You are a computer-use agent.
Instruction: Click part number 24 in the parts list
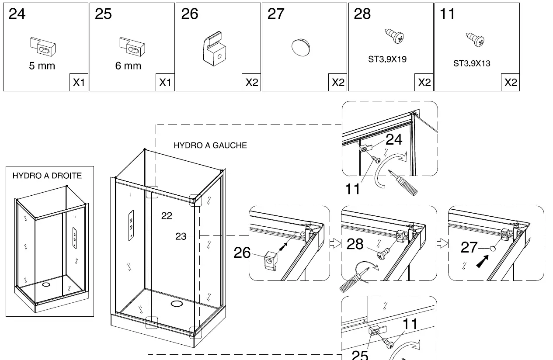point(17,14)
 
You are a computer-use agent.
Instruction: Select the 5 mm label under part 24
point(42,66)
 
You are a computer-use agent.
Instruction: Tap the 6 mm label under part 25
point(128,66)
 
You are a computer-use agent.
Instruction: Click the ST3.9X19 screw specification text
point(387,59)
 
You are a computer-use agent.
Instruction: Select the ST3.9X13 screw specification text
point(472,64)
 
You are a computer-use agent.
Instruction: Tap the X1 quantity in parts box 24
point(79,83)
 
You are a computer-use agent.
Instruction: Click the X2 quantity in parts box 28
point(424,83)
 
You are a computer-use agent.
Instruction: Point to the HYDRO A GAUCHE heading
point(210,145)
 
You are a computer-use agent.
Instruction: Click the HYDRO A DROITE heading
point(47,176)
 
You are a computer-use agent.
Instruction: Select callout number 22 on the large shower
point(167,216)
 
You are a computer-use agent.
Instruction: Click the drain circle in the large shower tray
point(177,304)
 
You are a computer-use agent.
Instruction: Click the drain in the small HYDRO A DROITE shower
point(46,284)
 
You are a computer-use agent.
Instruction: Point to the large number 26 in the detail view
point(242,253)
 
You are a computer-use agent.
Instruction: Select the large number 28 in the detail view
point(355,245)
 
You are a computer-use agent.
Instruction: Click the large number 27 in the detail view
point(469,248)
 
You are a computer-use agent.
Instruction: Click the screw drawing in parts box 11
point(475,39)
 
